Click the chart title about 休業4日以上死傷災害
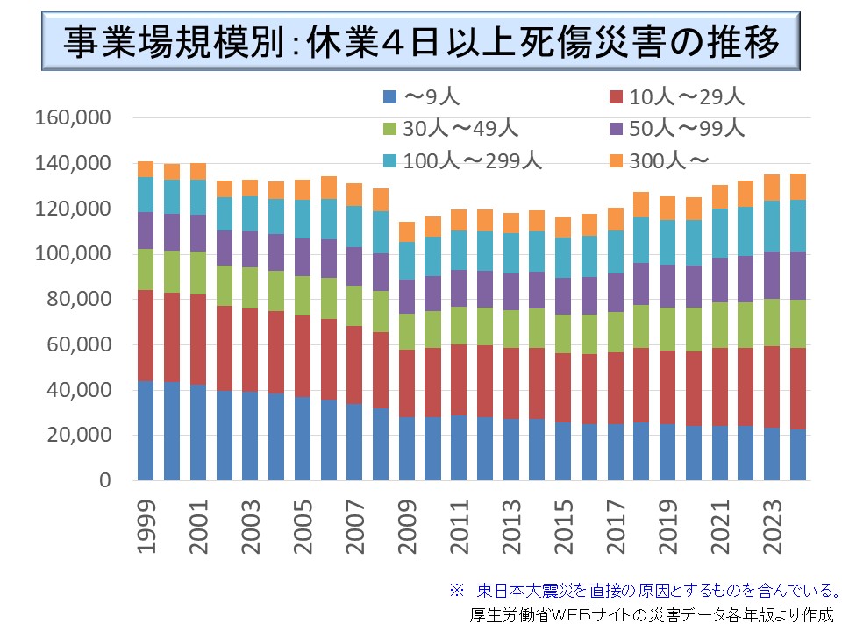tap(421, 41)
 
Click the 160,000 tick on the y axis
tap(73, 117)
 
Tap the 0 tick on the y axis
tap(105, 481)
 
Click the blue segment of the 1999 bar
tap(146, 431)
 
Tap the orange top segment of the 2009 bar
tap(406, 232)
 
